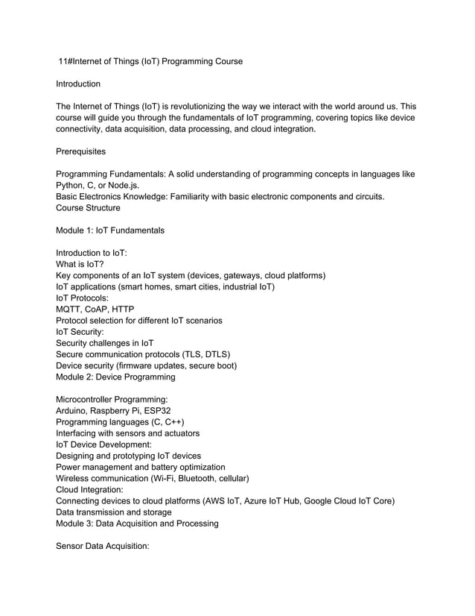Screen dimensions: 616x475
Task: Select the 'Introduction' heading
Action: (78, 84)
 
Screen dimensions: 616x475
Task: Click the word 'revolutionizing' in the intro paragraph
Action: (196, 107)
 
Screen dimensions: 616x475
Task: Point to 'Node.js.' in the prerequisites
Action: (121, 185)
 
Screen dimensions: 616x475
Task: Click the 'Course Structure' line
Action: (88, 208)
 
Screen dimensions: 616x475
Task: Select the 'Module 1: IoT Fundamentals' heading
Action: (110, 230)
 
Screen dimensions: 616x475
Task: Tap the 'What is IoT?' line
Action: (80, 264)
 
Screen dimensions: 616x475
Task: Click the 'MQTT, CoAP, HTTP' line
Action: (95, 309)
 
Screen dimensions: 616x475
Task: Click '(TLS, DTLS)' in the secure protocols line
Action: (203, 354)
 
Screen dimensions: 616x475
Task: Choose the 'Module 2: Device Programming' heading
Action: (115, 377)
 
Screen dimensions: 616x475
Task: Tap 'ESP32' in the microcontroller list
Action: (162, 410)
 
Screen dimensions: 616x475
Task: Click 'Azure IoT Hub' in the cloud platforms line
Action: (269, 500)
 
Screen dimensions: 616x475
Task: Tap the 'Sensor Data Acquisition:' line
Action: (103, 546)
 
